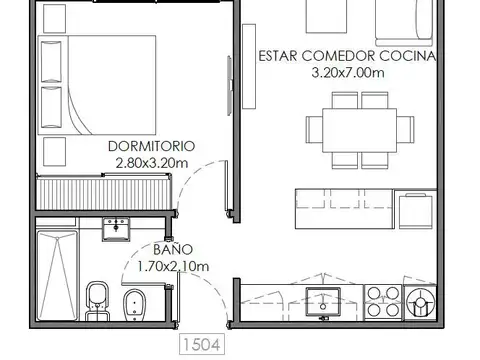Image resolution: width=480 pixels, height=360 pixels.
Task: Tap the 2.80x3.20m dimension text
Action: (x=150, y=162)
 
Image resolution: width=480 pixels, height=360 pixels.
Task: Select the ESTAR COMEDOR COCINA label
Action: (x=346, y=56)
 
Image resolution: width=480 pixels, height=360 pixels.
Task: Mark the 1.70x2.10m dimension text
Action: (x=172, y=266)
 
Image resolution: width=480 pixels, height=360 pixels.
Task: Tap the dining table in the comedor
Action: (x=359, y=128)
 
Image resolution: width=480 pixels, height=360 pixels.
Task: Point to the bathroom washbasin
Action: (x=118, y=229)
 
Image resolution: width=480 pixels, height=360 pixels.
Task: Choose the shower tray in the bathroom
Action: (x=57, y=267)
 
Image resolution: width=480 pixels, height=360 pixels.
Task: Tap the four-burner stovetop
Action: (x=382, y=300)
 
